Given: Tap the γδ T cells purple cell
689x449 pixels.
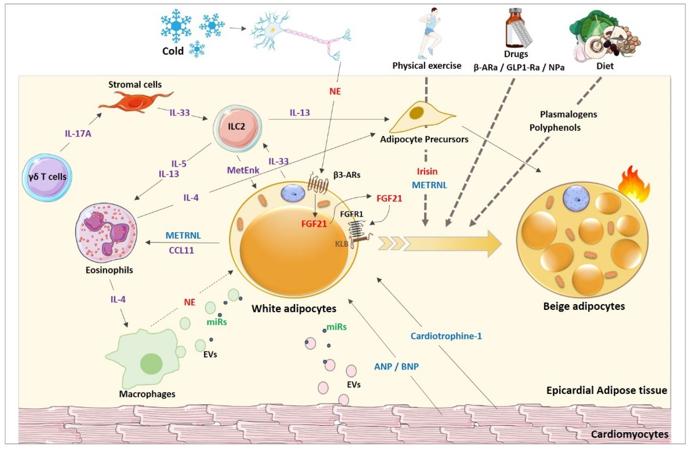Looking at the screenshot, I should pyautogui.click(x=47, y=177).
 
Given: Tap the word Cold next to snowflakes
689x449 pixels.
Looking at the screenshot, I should pyautogui.click(x=173, y=51).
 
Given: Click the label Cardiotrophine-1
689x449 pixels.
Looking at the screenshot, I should pyautogui.click(x=446, y=336).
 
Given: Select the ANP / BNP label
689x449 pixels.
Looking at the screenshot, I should pyautogui.click(x=396, y=367).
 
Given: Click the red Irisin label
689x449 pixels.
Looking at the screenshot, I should pyautogui.click(x=427, y=171).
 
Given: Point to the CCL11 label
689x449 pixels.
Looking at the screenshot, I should pyautogui.click(x=182, y=250).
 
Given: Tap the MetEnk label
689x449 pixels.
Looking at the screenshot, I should pyautogui.click(x=243, y=170).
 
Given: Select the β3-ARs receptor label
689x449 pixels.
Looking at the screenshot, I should pyautogui.click(x=347, y=175).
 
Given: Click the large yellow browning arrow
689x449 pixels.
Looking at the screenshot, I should pyautogui.click(x=452, y=244).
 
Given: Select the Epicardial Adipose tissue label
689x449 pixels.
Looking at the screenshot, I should pyautogui.click(x=607, y=390).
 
